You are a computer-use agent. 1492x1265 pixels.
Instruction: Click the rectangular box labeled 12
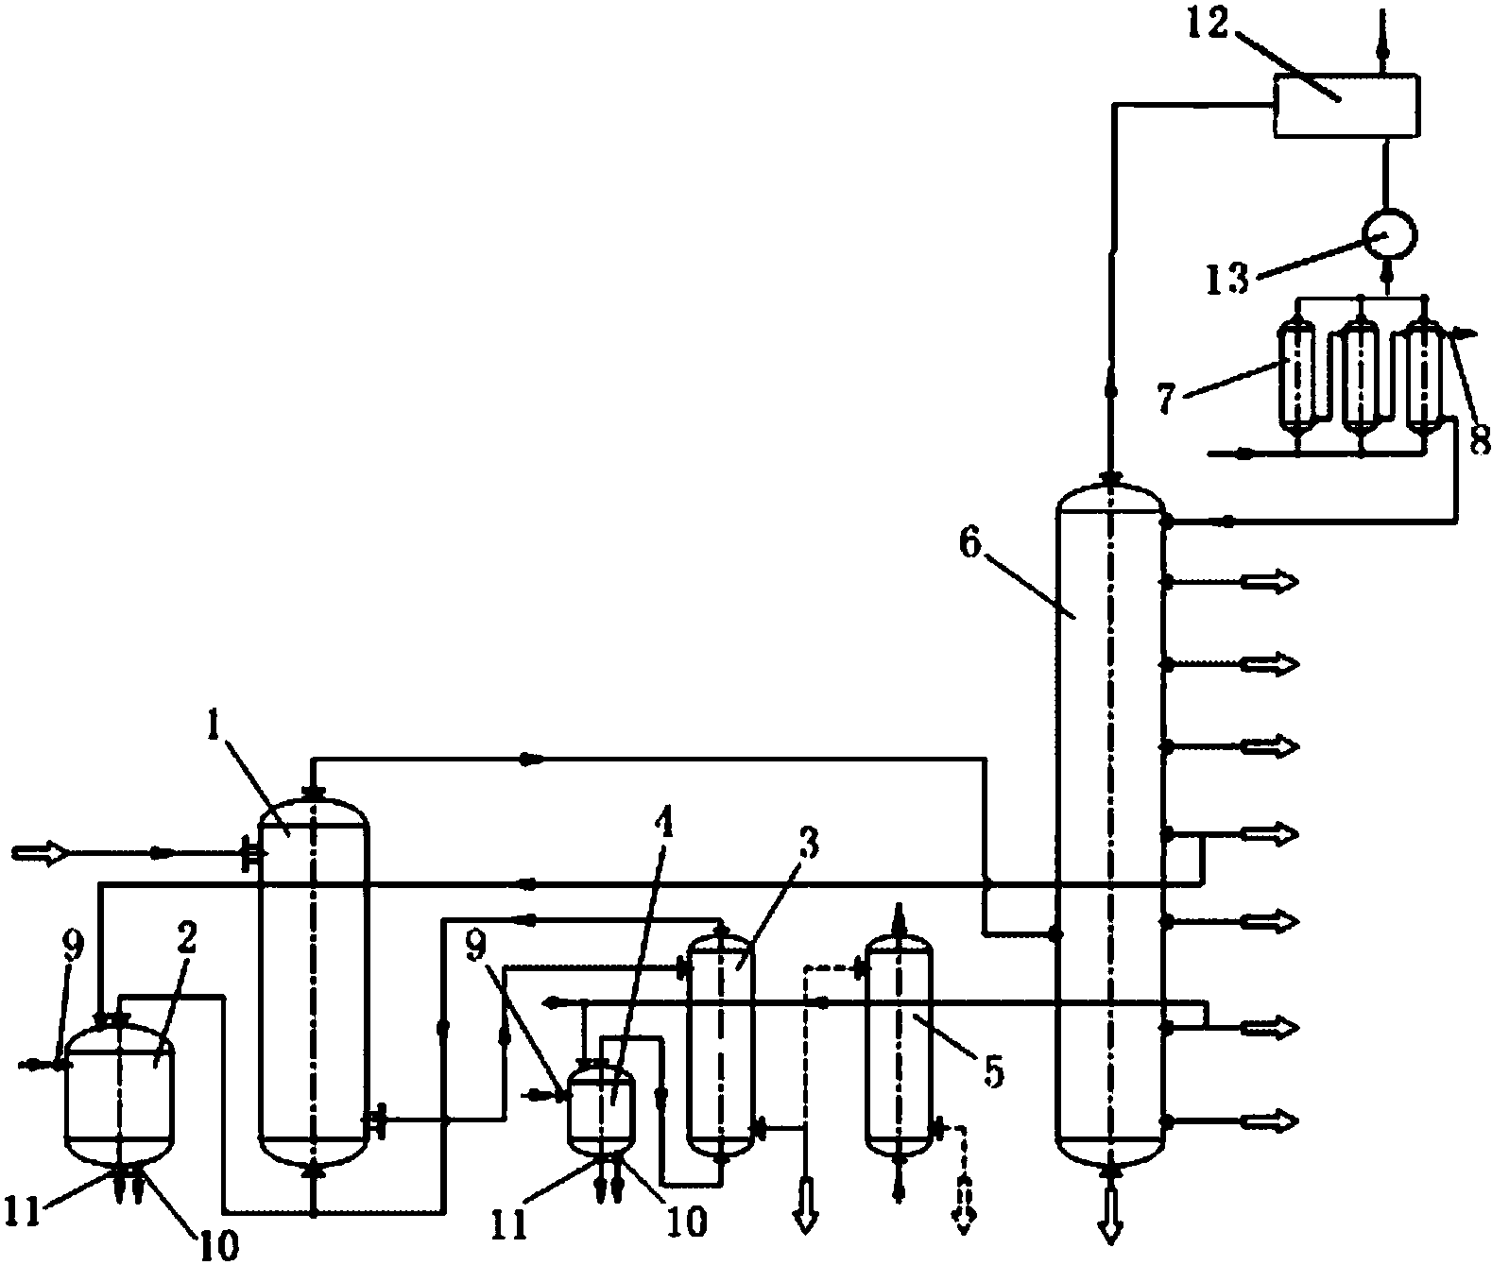point(1346,106)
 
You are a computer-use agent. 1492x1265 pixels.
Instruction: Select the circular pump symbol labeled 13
point(1388,234)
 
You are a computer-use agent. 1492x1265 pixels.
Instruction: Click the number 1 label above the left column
point(213,728)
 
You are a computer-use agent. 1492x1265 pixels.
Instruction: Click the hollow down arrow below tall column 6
point(1111,1215)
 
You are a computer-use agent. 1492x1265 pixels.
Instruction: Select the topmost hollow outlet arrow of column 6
point(1269,581)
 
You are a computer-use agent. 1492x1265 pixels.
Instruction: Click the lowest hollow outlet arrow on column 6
point(1269,1120)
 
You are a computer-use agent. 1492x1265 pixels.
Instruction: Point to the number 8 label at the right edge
point(1479,440)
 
